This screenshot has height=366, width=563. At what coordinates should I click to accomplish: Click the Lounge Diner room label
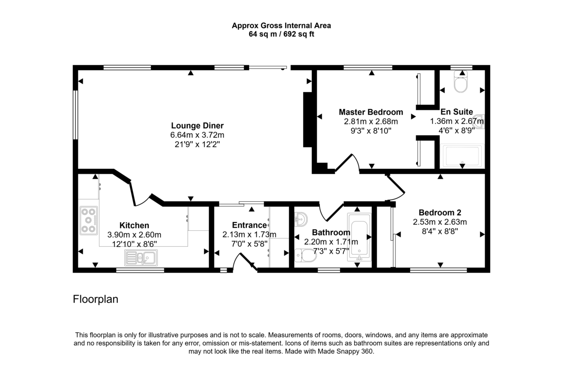click(197, 126)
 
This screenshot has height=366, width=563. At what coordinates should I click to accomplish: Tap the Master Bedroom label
click(371, 112)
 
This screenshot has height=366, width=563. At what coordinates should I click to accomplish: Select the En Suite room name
click(456, 112)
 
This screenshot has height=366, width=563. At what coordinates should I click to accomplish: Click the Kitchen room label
click(134, 226)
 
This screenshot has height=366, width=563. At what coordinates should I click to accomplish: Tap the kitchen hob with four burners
click(88, 220)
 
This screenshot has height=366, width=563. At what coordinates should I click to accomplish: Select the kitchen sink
click(141, 257)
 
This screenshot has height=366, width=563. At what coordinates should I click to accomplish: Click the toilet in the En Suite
click(462, 84)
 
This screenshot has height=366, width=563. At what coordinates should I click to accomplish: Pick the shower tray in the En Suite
click(463, 156)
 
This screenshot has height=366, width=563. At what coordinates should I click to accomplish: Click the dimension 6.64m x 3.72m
click(197, 135)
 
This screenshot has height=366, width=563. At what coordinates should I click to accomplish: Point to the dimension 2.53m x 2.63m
click(440, 221)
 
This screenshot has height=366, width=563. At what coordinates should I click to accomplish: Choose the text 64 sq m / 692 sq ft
click(281, 34)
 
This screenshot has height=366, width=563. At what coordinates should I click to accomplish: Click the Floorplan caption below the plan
click(95, 299)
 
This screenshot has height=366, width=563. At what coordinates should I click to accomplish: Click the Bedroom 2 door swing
click(396, 188)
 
